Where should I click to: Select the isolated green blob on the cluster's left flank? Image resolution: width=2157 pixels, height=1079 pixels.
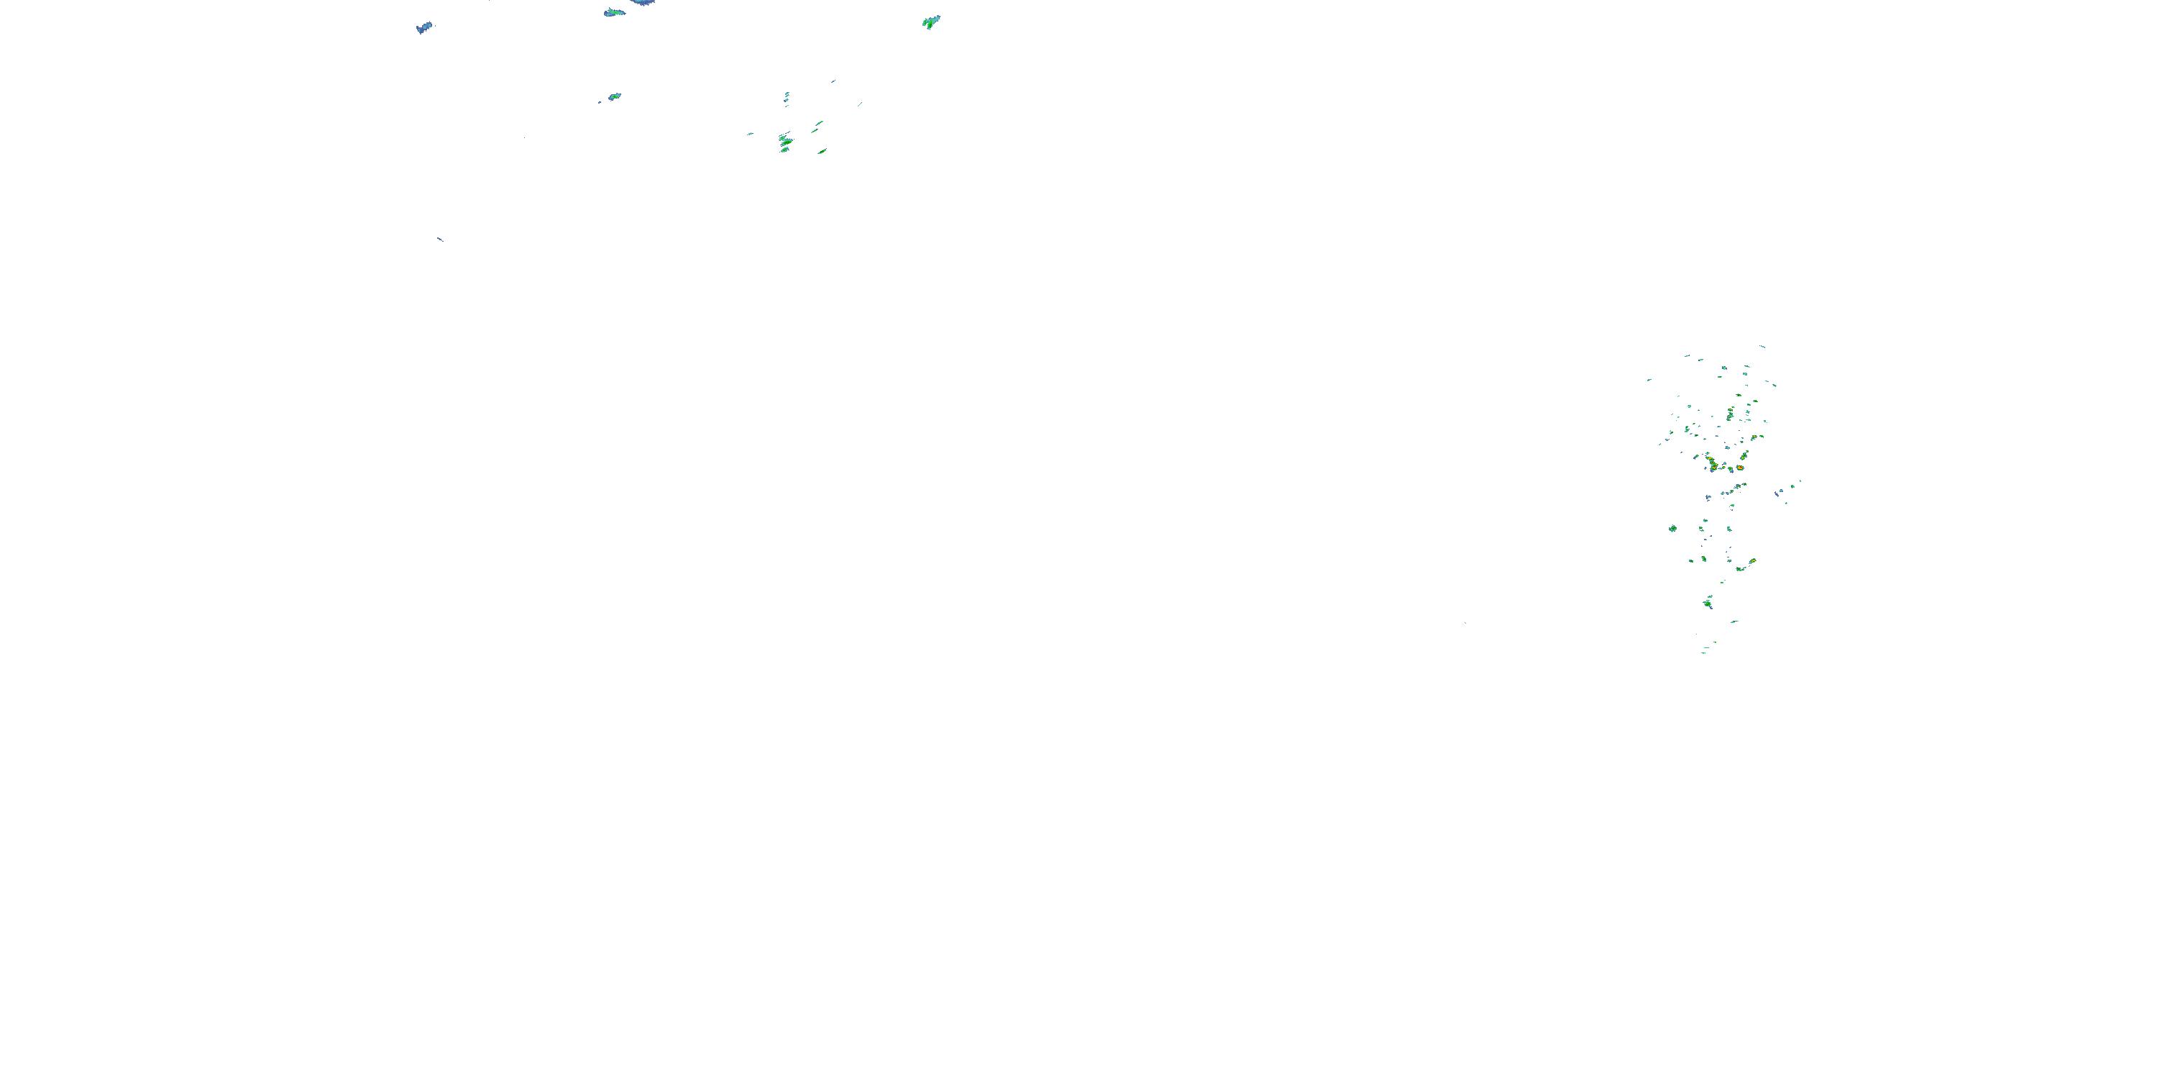[1672, 529]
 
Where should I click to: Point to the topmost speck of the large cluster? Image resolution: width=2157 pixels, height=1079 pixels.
[1762, 346]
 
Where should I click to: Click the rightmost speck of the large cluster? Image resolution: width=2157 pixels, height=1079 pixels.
[1800, 482]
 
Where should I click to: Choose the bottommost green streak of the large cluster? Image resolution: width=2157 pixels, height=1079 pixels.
[1704, 652]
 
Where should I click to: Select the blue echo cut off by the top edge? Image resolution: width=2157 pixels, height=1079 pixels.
[643, 2]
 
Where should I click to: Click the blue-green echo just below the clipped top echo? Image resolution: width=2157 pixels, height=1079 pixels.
[615, 12]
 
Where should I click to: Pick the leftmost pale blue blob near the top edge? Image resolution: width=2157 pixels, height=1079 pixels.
[424, 27]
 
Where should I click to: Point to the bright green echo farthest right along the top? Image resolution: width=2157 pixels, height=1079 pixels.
[931, 22]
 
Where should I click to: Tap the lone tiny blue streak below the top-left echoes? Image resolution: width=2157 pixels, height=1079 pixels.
[439, 240]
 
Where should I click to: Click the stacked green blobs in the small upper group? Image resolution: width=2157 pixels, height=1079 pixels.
[785, 142]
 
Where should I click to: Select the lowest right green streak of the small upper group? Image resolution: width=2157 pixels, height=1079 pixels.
[823, 152]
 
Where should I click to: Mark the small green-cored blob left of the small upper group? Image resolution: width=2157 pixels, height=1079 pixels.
[614, 96]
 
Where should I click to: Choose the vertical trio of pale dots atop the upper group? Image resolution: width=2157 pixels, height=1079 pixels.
[787, 98]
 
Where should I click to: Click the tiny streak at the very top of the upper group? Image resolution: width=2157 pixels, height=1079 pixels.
[833, 81]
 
